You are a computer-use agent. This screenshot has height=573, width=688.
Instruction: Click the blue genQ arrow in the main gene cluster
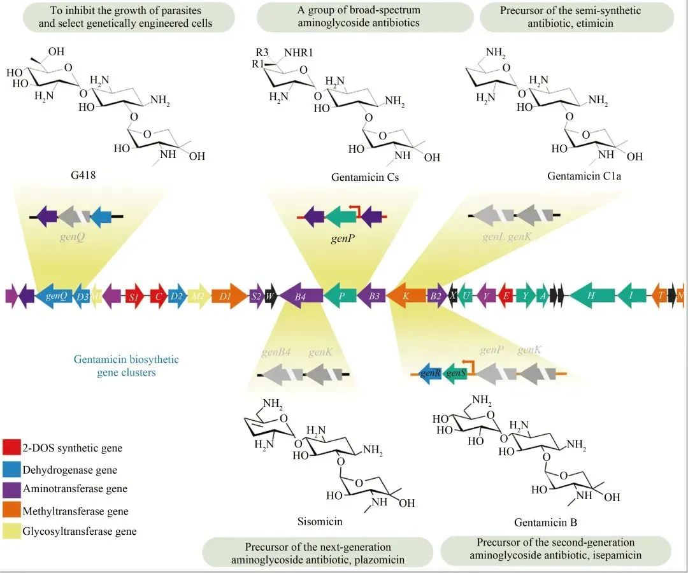tap(55, 296)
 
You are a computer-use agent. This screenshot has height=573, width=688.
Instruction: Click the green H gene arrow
tap(591, 296)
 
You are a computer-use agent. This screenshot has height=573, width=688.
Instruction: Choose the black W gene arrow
tap(270, 296)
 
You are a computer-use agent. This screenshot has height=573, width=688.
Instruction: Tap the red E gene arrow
tap(506, 296)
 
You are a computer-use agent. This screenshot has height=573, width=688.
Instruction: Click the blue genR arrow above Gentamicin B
tap(431, 373)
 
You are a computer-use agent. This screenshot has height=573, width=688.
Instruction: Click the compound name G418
tap(83, 173)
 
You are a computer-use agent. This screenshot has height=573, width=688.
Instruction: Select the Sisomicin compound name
tap(320, 521)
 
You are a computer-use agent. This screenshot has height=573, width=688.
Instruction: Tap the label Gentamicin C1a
tap(584, 176)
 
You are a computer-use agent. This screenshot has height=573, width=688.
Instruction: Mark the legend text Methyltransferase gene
tap(75, 511)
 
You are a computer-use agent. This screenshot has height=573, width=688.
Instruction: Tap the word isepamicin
tap(613, 555)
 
